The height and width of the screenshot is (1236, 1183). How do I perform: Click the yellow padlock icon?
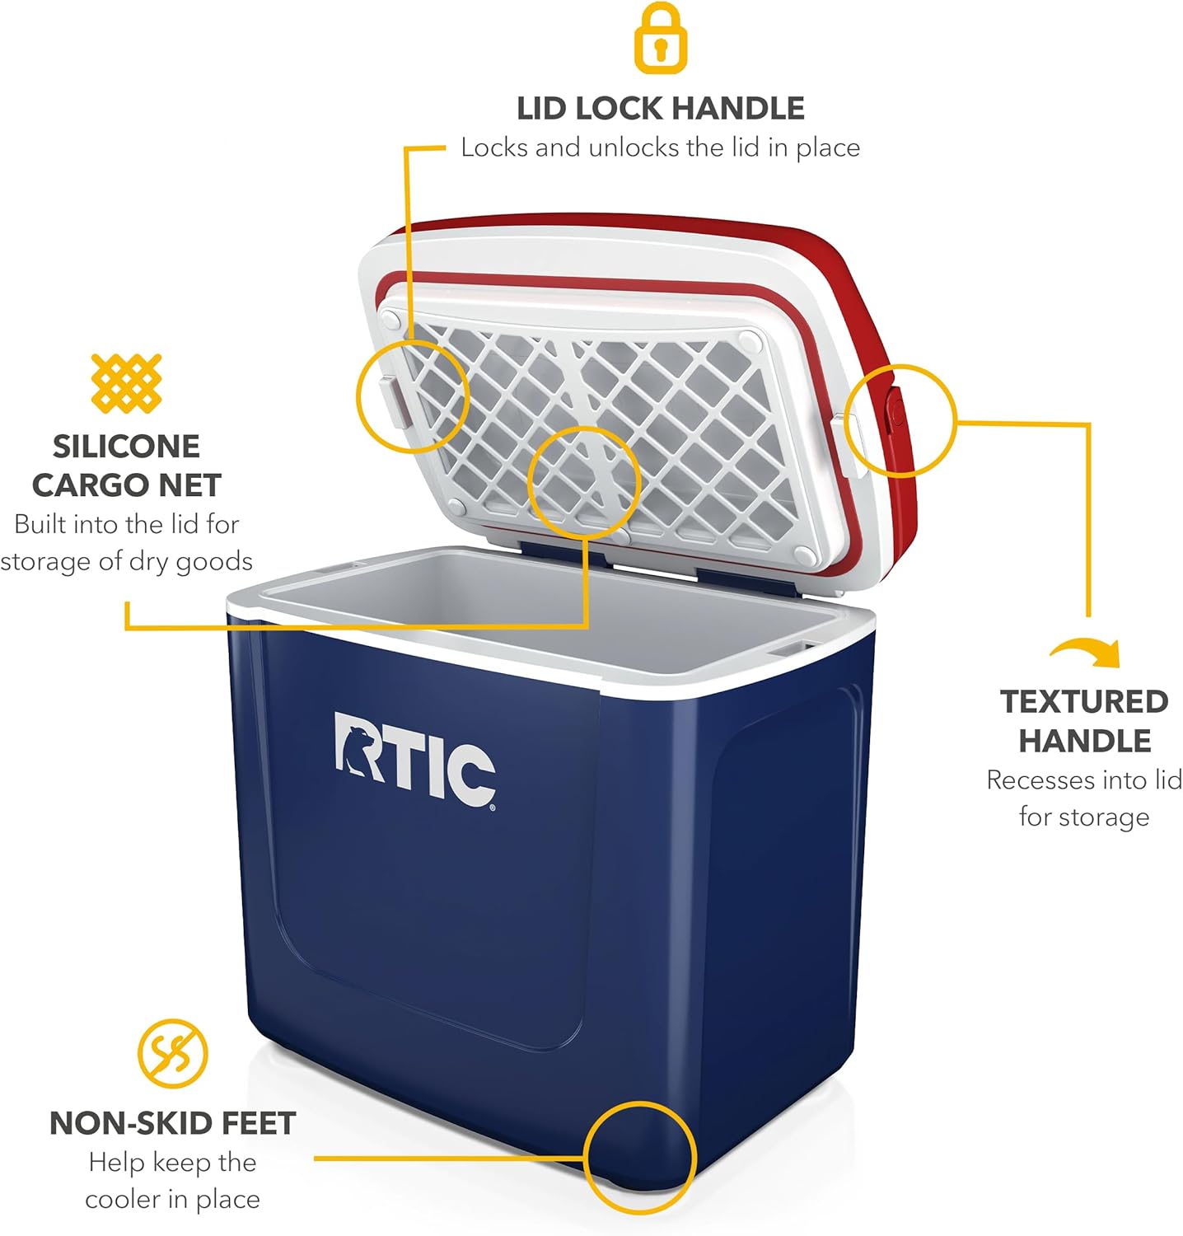point(660,37)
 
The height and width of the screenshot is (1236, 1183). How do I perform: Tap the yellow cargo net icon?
point(126,383)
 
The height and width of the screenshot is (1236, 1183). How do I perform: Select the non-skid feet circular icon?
point(173,1053)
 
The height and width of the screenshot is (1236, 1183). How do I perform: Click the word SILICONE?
point(126,446)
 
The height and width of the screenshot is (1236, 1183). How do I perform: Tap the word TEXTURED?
point(1084,701)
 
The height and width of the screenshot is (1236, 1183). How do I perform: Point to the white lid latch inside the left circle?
point(394,400)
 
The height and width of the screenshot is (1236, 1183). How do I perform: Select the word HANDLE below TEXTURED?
point(1084,741)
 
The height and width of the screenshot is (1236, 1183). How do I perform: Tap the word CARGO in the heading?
point(79,485)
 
